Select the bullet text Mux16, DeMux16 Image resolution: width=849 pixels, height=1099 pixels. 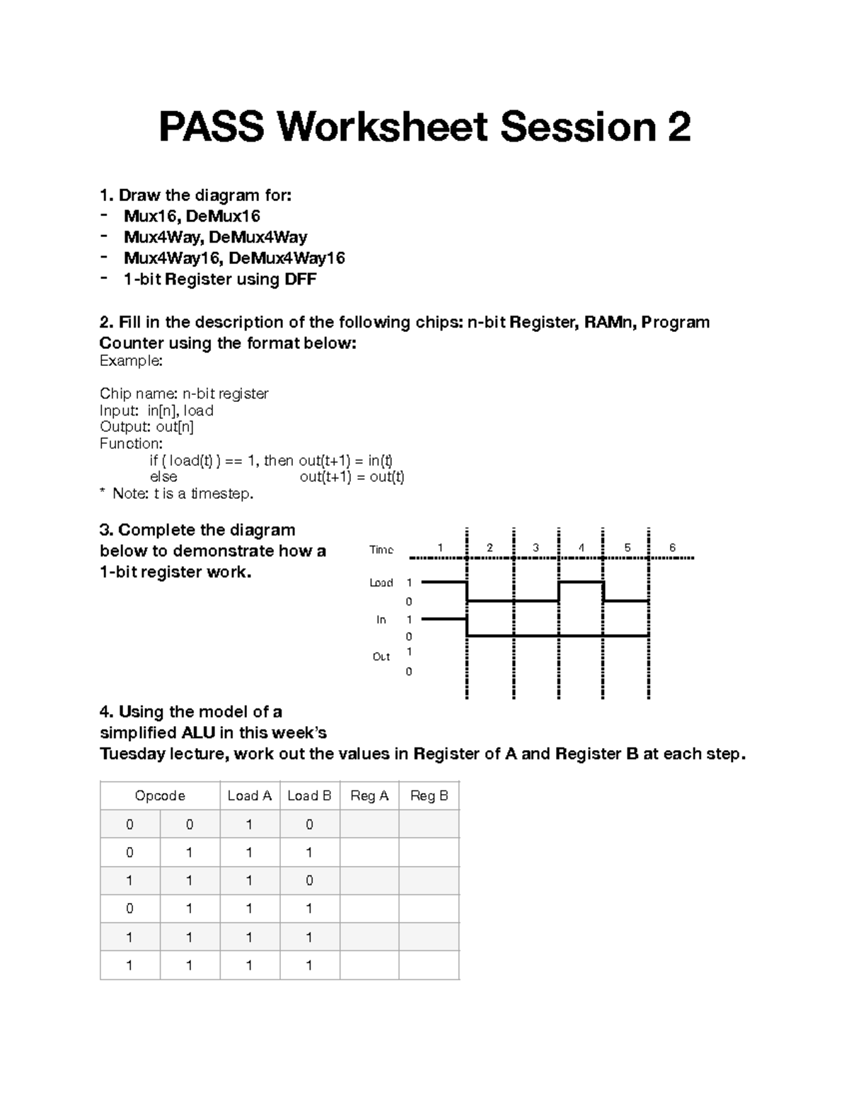(x=192, y=216)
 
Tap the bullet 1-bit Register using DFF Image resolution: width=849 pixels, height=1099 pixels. (x=219, y=280)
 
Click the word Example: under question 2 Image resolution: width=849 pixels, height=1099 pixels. (x=131, y=361)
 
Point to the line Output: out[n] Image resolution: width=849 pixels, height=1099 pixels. (x=146, y=427)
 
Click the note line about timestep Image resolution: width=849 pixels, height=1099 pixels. (x=176, y=493)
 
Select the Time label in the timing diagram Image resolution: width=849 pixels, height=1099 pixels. (x=381, y=550)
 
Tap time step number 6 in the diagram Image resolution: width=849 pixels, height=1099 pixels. (x=672, y=548)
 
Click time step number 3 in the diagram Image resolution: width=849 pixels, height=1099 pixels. (x=536, y=548)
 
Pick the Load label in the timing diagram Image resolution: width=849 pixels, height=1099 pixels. (x=381, y=582)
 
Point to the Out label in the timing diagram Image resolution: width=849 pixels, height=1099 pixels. (x=381, y=657)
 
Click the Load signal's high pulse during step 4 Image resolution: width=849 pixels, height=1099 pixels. (x=581, y=582)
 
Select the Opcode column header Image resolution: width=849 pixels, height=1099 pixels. (x=160, y=795)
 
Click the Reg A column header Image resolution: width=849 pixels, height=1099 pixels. (x=369, y=795)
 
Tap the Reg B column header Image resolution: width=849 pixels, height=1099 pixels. (x=429, y=795)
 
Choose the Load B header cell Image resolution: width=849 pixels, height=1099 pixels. (x=309, y=795)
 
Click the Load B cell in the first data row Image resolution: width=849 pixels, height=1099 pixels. (x=309, y=824)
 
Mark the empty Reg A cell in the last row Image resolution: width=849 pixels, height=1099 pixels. (x=369, y=965)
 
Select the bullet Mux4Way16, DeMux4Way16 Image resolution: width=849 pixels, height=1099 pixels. (x=234, y=258)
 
